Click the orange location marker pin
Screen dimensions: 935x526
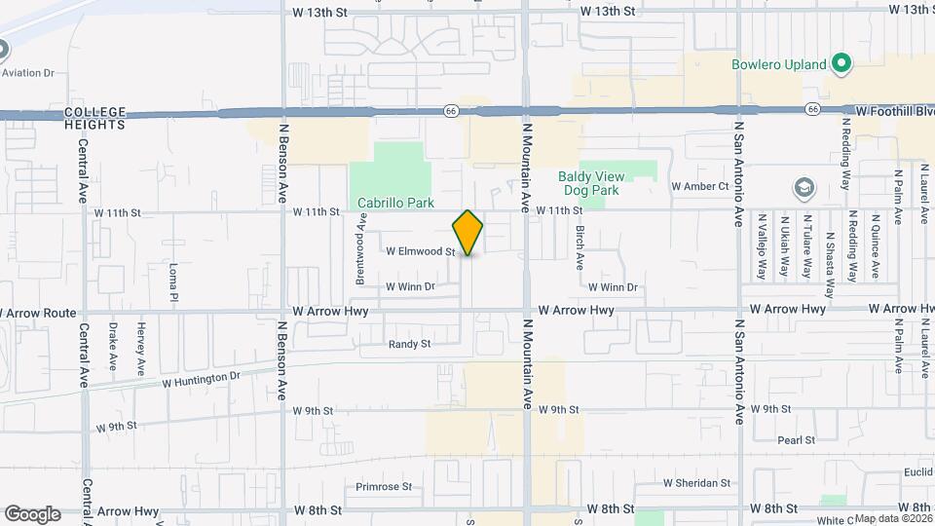point(468,233)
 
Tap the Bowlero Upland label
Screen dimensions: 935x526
point(779,65)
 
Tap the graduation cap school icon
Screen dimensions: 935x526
point(804,186)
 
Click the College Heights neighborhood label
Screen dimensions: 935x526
point(95,119)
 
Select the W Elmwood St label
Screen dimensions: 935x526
point(421,251)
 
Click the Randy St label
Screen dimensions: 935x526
point(409,344)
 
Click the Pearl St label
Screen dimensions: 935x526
point(797,440)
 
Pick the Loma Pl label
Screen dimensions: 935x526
point(173,280)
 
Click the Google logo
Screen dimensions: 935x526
point(32,514)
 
